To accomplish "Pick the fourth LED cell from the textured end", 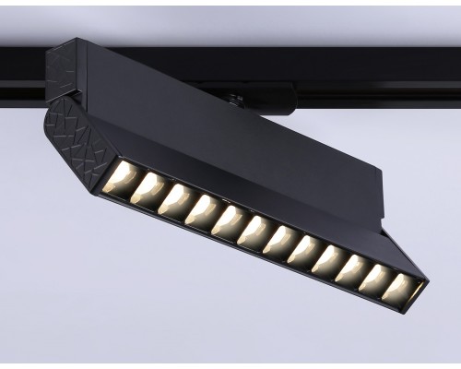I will (x=201, y=210).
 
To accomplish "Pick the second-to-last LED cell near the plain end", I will (x=374, y=279).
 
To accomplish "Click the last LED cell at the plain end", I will (x=399, y=289).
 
